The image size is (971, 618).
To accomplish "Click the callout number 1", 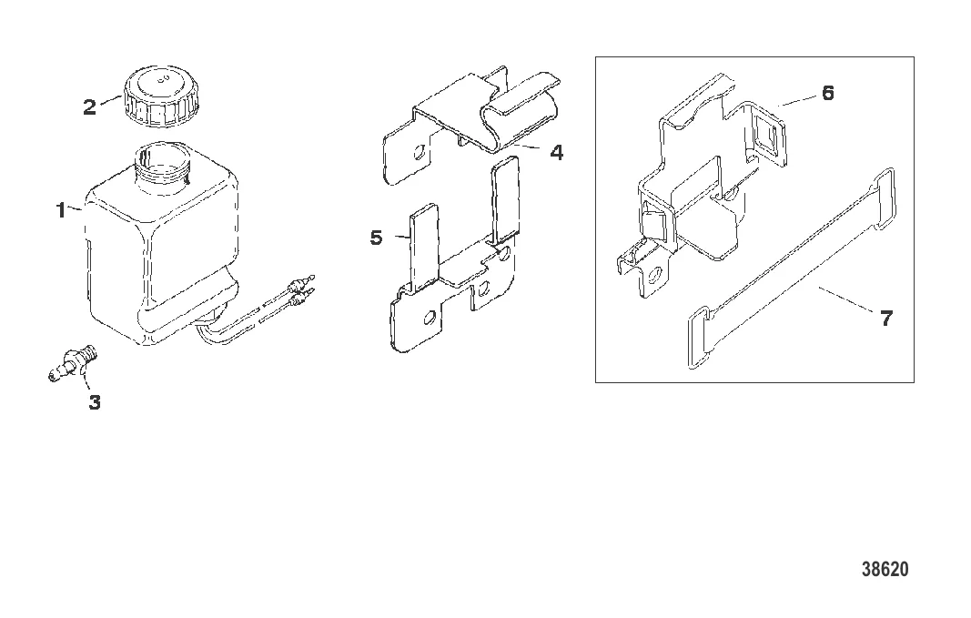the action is [x=61, y=210].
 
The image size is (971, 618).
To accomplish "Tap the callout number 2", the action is [x=90, y=107].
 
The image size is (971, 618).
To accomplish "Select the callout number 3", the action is [x=94, y=402].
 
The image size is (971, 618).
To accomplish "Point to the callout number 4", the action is [x=557, y=152].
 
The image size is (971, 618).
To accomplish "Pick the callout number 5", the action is [x=377, y=238].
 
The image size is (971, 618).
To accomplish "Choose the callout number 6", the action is [x=828, y=93].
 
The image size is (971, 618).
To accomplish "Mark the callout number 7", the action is [x=886, y=319].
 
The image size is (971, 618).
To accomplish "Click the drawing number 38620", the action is [x=885, y=569].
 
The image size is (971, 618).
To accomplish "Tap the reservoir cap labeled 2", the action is [x=156, y=96].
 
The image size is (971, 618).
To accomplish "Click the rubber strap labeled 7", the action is [x=792, y=268].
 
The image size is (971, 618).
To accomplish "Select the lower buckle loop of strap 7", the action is [x=700, y=338].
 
